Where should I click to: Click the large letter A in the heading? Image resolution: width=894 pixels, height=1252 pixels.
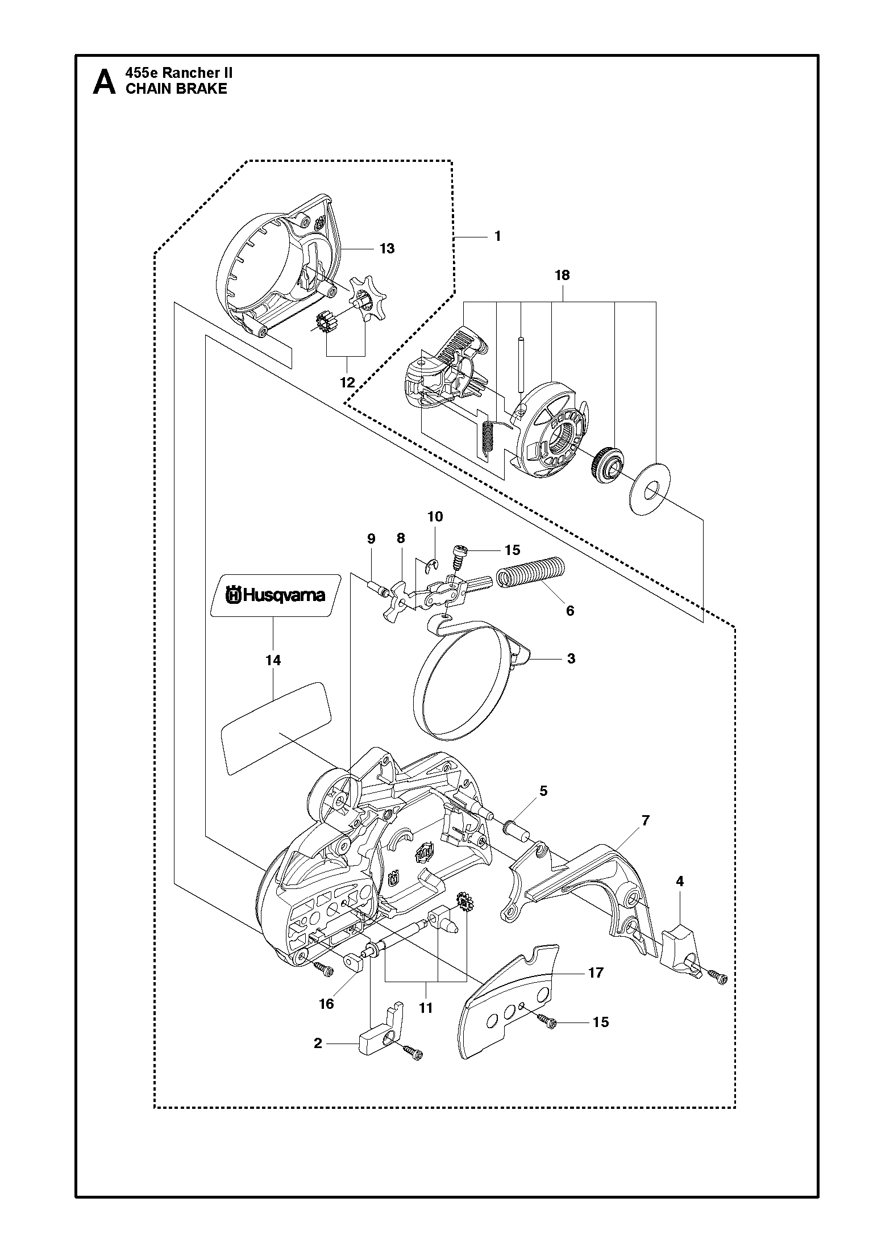pyautogui.click(x=103, y=82)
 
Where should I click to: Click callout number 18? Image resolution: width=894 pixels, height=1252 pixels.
pyautogui.click(x=562, y=276)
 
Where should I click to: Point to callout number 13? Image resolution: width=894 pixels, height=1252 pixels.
pyautogui.click(x=387, y=249)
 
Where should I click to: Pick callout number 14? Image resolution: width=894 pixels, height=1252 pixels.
pyautogui.click(x=273, y=660)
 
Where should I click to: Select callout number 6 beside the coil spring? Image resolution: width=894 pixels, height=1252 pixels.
pyautogui.click(x=570, y=611)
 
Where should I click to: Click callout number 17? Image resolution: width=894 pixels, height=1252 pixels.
pyautogui.click(x=596, y=973)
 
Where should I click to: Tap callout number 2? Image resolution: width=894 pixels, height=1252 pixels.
pyautogui.click(x=318, y=1043)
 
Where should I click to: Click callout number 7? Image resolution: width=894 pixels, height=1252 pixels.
pyautogui.click(x=645, y=821)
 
